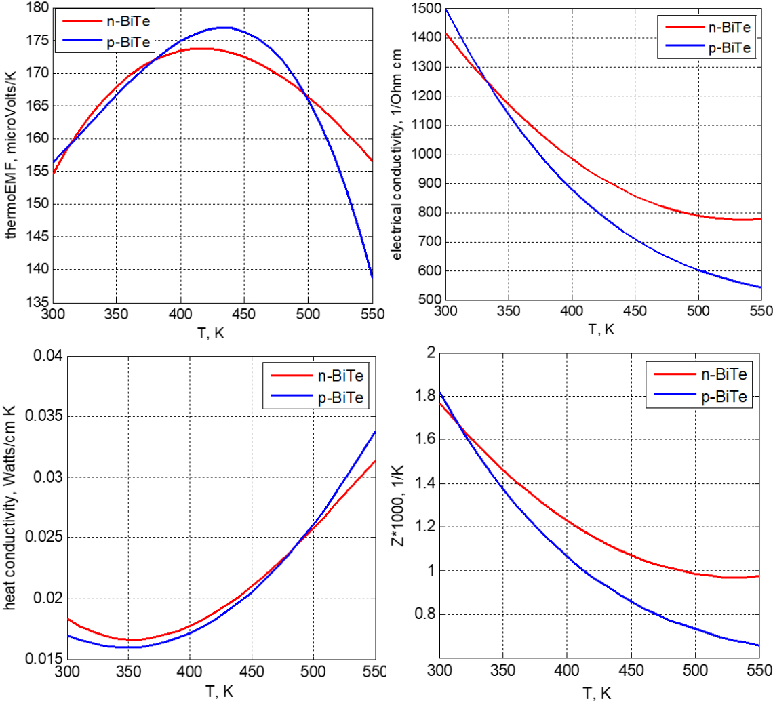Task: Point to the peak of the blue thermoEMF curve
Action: coord(224,28)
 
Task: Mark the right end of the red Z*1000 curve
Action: coord(758,576)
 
